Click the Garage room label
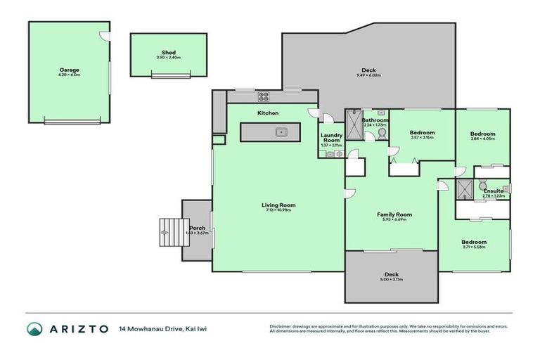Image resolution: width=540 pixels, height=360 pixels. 69,70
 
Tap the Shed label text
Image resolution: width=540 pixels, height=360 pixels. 168,53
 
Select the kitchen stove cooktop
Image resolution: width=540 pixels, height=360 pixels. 264,98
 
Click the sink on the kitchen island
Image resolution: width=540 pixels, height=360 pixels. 280,131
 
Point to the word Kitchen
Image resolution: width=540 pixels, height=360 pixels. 268,113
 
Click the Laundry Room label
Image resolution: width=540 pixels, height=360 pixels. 330,139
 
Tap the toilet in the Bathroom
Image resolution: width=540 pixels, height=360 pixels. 382,132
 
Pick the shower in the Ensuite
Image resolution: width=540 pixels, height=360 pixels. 464,188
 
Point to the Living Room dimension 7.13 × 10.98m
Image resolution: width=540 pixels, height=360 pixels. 281,210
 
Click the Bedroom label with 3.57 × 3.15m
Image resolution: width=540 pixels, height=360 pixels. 422,132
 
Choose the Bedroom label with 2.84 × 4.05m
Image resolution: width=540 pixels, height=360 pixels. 482,134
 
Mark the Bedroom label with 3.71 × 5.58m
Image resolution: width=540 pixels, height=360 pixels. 474,242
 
